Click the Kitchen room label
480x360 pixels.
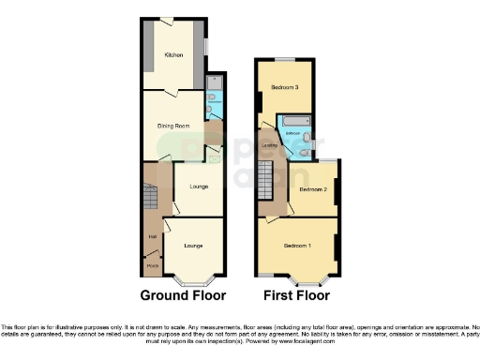point(174,55)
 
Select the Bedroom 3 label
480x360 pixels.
point(285,87)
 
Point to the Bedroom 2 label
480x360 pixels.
point(313,189)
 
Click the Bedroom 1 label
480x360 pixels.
point(298,246)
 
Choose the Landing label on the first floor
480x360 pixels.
point(269,144)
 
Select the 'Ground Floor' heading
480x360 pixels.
point(183,295)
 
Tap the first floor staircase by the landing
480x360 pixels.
point(269,179)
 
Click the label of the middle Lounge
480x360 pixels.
point(199,187)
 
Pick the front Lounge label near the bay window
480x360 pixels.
point(194,246)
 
